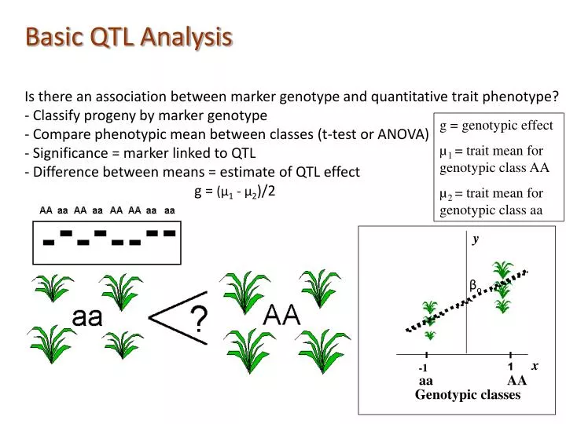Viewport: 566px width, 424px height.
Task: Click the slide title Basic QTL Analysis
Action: click(x=129, y=36)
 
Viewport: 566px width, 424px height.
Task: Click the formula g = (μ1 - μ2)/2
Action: click(x=234, y=191)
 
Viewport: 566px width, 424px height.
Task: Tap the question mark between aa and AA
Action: click(x=200, y=320)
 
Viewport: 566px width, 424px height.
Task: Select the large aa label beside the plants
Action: click(x=87, y=318)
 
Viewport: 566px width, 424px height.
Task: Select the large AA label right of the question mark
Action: click(x=281, y=316)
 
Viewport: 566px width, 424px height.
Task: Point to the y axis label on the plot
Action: click(x=475, y=240)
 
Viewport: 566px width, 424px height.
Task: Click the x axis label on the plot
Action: click(x=534, y=366)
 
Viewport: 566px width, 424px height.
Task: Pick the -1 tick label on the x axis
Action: click(x=423, y=368)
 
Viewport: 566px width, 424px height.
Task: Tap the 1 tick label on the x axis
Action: click(x=510, y=367)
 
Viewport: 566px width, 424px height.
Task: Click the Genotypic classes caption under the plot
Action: click(x=468, y=395)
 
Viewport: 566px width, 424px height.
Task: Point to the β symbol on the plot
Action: click(x=474, y=285)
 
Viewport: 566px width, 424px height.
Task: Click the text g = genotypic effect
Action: click(x=496, y=126)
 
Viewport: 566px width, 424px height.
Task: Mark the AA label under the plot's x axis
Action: click(x=516, y=381)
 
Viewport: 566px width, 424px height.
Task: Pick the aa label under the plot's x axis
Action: click(x=426, y=381)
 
